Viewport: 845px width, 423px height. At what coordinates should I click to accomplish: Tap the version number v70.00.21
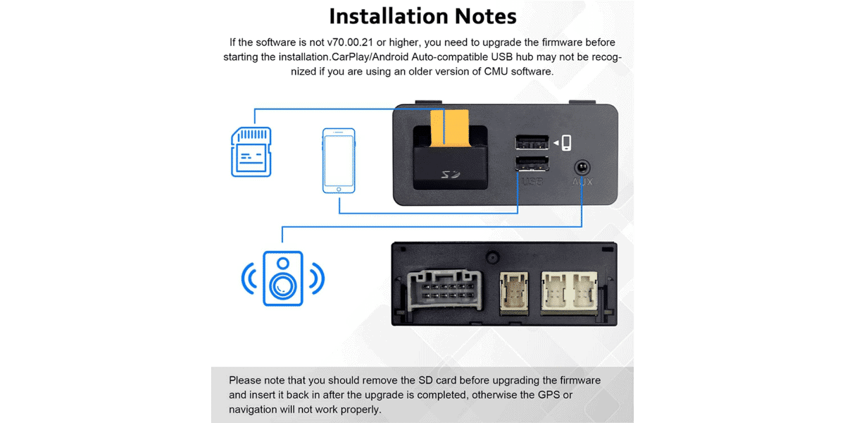coord(351,43)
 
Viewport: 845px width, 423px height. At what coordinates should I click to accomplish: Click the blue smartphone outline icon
coord(339,160)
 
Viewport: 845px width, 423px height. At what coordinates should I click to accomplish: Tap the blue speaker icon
coord(282,278)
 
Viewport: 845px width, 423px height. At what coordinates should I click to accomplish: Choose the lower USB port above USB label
coord(532,165)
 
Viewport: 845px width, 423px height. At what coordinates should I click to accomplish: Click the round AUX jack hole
coord(582,167)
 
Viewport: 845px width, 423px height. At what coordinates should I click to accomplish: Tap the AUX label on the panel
coord(582,182)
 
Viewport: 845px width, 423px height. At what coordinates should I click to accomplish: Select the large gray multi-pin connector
coord(442,289)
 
